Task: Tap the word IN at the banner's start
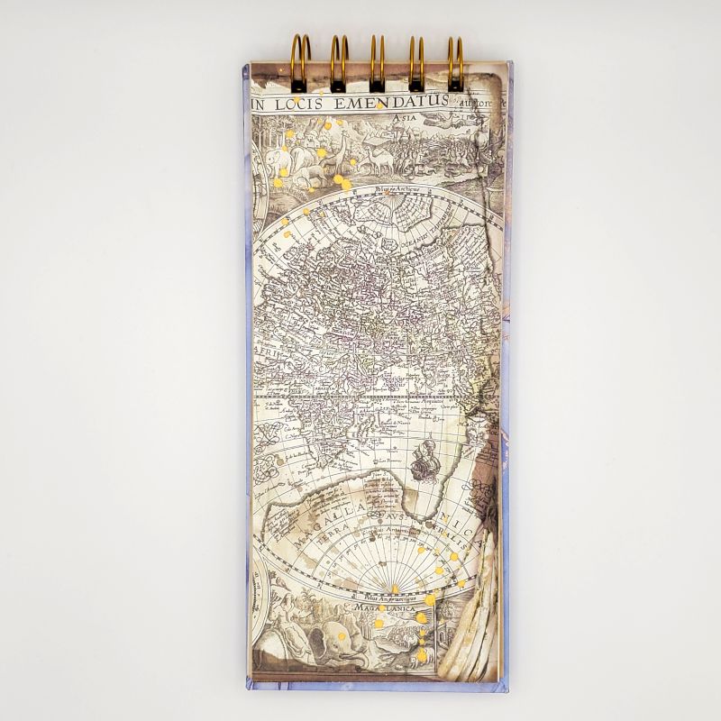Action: (259, 105)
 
